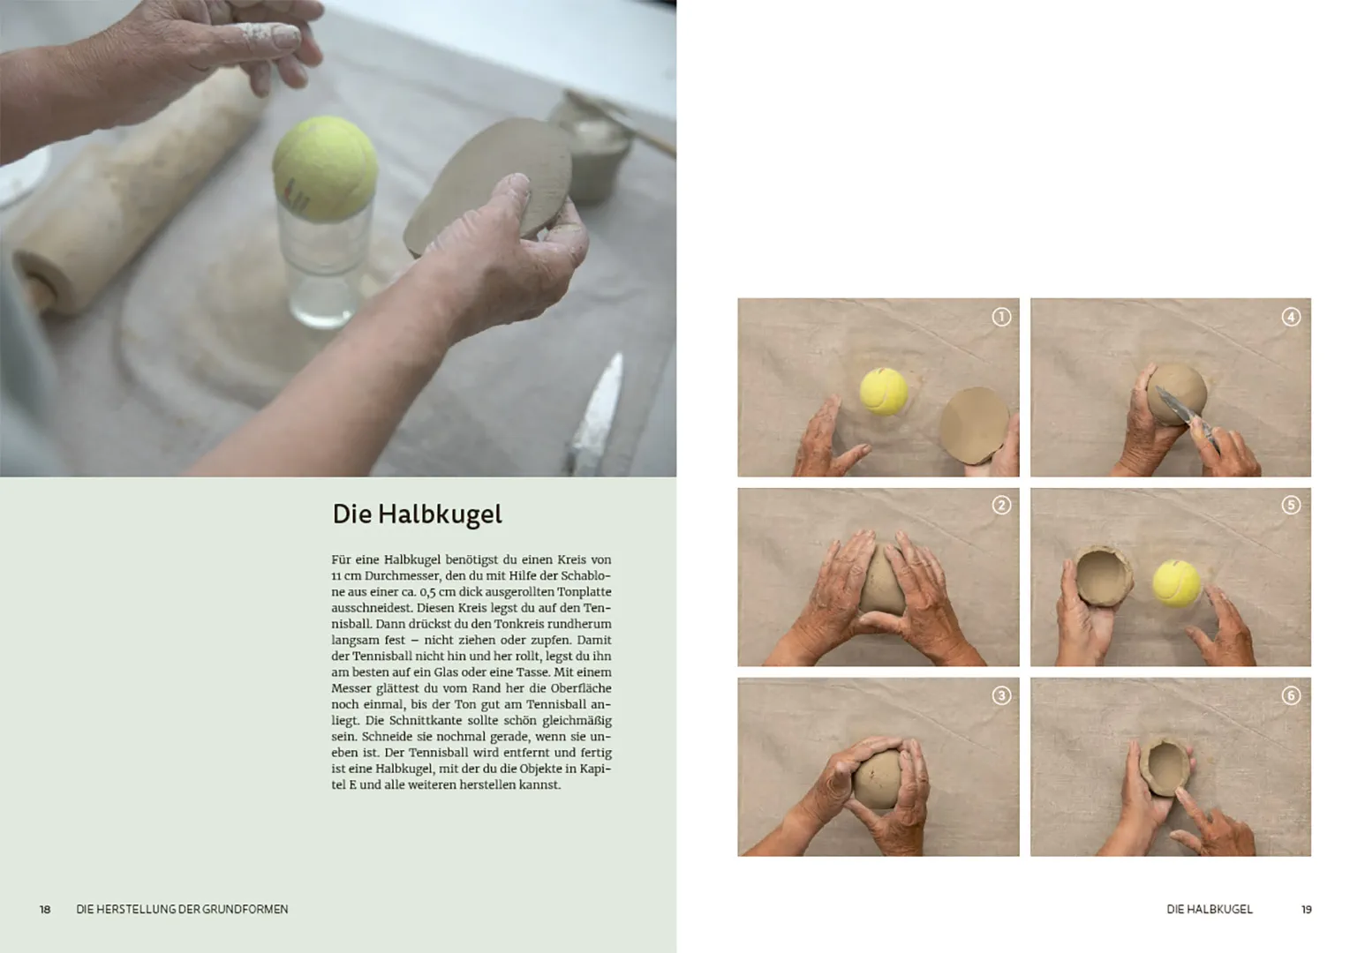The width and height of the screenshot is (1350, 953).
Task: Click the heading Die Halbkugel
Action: point(417,514)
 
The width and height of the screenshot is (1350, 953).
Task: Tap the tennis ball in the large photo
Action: point(324,167)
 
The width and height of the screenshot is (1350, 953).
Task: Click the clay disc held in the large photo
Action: point(490,185)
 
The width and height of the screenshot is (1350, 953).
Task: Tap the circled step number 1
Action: point(1000,317)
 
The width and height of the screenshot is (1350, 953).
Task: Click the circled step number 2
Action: point(1000,506)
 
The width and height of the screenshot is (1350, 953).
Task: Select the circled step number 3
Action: point(1000,695)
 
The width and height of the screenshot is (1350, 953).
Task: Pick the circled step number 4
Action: point(1291,317)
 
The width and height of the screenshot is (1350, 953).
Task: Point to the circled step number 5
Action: point(1291,506)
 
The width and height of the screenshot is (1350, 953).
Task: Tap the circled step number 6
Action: point(1291,695)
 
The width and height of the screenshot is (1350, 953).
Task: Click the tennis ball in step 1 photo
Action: point(883,392)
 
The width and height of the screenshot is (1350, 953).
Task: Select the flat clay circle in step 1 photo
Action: point(973,424)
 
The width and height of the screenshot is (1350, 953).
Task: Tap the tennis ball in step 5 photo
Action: point(1176,583)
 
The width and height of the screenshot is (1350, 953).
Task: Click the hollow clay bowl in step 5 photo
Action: point(1102,577)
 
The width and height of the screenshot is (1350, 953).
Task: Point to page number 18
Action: point(45,909)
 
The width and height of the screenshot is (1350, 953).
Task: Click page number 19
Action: point(1306,909)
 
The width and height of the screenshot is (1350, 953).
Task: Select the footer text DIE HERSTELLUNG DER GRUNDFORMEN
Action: point(182,909)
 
